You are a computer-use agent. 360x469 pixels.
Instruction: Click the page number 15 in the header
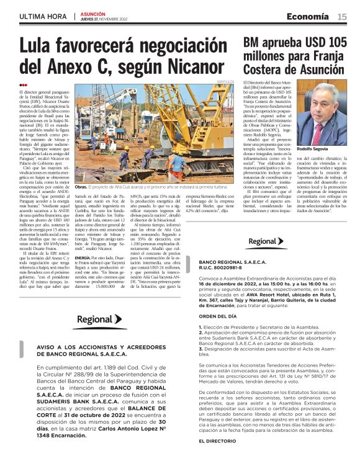[342, 16]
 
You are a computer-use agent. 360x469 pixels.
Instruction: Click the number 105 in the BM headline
[334, 42]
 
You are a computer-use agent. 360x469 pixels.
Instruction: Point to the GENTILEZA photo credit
[226, 82]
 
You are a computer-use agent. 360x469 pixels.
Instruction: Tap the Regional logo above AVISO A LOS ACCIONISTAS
[100, 319]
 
